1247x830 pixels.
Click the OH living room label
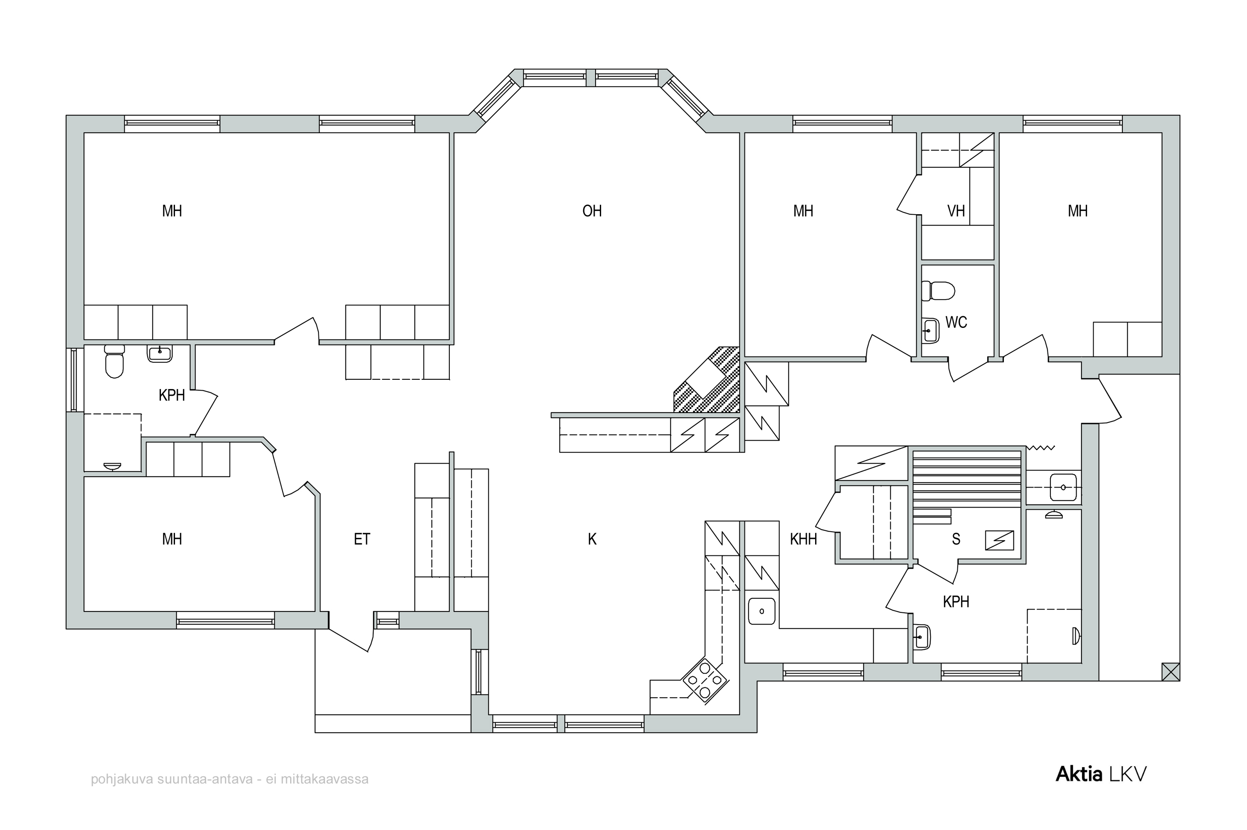pos(592,211)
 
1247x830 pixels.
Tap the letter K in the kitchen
pos(592,539)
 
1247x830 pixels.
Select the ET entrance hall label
pos(362,539)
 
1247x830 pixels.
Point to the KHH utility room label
pos(803,539)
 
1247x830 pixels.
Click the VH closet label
pos(956,211)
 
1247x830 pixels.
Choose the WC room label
pos(956,322)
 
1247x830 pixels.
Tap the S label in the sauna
pos(956,539)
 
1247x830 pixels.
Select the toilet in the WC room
pos(938,291)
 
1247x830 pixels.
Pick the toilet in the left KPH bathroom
pos(114,361)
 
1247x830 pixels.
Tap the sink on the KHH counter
pos(762,612)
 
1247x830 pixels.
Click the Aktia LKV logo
pos(1101,774)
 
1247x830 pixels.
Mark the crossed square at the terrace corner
pos(1171,672)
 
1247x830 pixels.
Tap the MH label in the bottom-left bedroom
pos(172,539)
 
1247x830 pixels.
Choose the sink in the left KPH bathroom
pos(160,353)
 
